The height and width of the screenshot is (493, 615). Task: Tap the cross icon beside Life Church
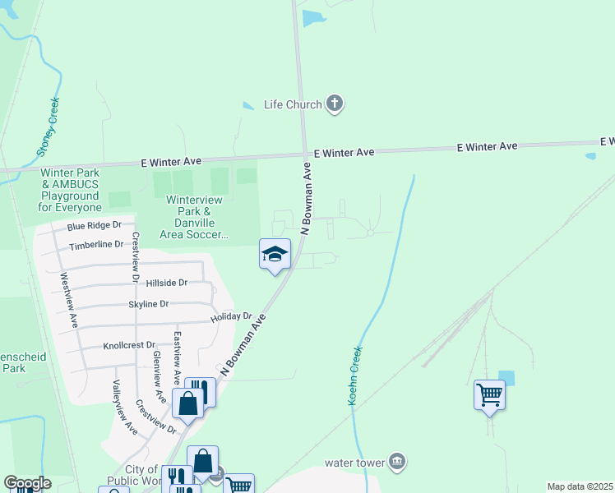334,104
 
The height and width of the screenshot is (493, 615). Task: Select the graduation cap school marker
275,254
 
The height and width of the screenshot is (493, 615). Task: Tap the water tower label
354,463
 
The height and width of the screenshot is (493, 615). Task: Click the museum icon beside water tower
397,461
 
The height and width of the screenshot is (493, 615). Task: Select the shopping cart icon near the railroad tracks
489,395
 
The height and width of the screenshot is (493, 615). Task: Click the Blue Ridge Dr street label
94,225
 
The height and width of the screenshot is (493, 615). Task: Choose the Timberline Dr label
96,245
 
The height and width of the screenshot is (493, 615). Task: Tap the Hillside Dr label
166,283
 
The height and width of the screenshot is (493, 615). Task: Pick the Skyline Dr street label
148,304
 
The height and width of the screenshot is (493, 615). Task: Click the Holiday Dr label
230,316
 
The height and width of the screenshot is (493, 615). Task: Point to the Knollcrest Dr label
130,346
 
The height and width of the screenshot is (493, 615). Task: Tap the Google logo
26,483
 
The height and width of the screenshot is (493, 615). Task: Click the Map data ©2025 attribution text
580,486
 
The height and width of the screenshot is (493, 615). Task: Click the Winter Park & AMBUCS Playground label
69,191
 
